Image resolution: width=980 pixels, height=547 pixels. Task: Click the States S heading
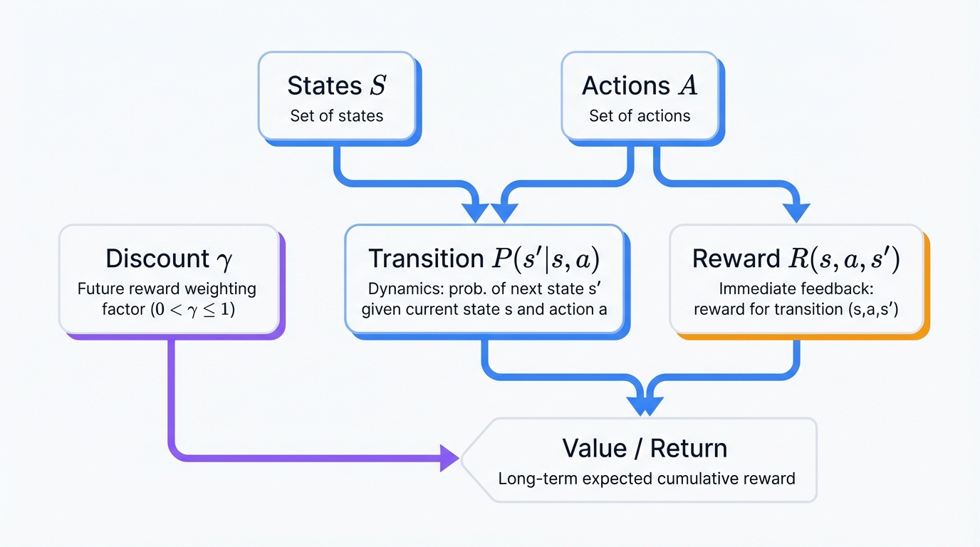pyautogui.click(x=336, y=85)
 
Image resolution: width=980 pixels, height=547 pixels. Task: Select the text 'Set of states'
pyautogui.click(x=336, y=116)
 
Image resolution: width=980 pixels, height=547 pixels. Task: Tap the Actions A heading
pyautogui.click(x=640, y=85)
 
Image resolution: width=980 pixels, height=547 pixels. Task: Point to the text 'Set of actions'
pyautogui.click(x=640, y=116)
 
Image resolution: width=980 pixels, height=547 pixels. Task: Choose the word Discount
pyautogui.click(x=157, y=259)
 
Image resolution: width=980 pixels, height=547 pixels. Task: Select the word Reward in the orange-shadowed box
pyautogui.click(x=736, y=259)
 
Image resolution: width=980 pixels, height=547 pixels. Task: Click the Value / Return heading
pyautogui.click(x=645, y=449)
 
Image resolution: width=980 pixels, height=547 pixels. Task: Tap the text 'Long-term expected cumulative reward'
pyautogui.click(x=646, y=479)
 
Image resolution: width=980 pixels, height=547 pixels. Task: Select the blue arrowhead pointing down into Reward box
pyautogui.click(x=796, y=212)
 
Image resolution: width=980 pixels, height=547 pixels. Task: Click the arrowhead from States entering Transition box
pyautogui.click(x=475, y=212)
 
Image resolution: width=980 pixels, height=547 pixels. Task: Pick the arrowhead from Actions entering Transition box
pyautogui.click(x=504, y=212)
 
